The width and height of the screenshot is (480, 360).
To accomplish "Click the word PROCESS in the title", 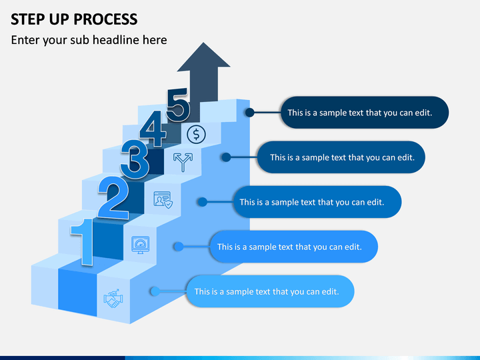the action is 105,19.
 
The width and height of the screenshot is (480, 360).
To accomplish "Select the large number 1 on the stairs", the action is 83,242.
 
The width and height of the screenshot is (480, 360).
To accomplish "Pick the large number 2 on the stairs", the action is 113,197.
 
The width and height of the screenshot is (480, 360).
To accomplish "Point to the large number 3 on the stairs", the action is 135,159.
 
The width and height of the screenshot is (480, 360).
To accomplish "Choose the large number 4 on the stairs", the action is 153,128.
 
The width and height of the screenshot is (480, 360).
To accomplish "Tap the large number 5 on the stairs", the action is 178,105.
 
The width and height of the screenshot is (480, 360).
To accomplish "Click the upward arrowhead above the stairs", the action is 203,57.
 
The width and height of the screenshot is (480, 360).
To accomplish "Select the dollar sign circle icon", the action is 196,135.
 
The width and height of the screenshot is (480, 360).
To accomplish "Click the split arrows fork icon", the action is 183,162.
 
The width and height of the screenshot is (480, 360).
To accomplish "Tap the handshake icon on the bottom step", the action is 113,298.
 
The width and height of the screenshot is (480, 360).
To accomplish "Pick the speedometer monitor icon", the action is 140,245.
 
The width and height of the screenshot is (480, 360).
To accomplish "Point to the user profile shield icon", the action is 163,200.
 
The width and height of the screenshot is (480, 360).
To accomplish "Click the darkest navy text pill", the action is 365,113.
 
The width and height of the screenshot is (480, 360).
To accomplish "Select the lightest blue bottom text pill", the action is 270,291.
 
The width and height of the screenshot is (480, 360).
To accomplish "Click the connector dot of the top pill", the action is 250,113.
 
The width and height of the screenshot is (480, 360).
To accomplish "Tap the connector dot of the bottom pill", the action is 155,291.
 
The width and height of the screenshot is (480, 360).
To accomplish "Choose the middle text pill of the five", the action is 317,202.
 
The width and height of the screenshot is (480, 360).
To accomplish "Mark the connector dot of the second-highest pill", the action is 226,157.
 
